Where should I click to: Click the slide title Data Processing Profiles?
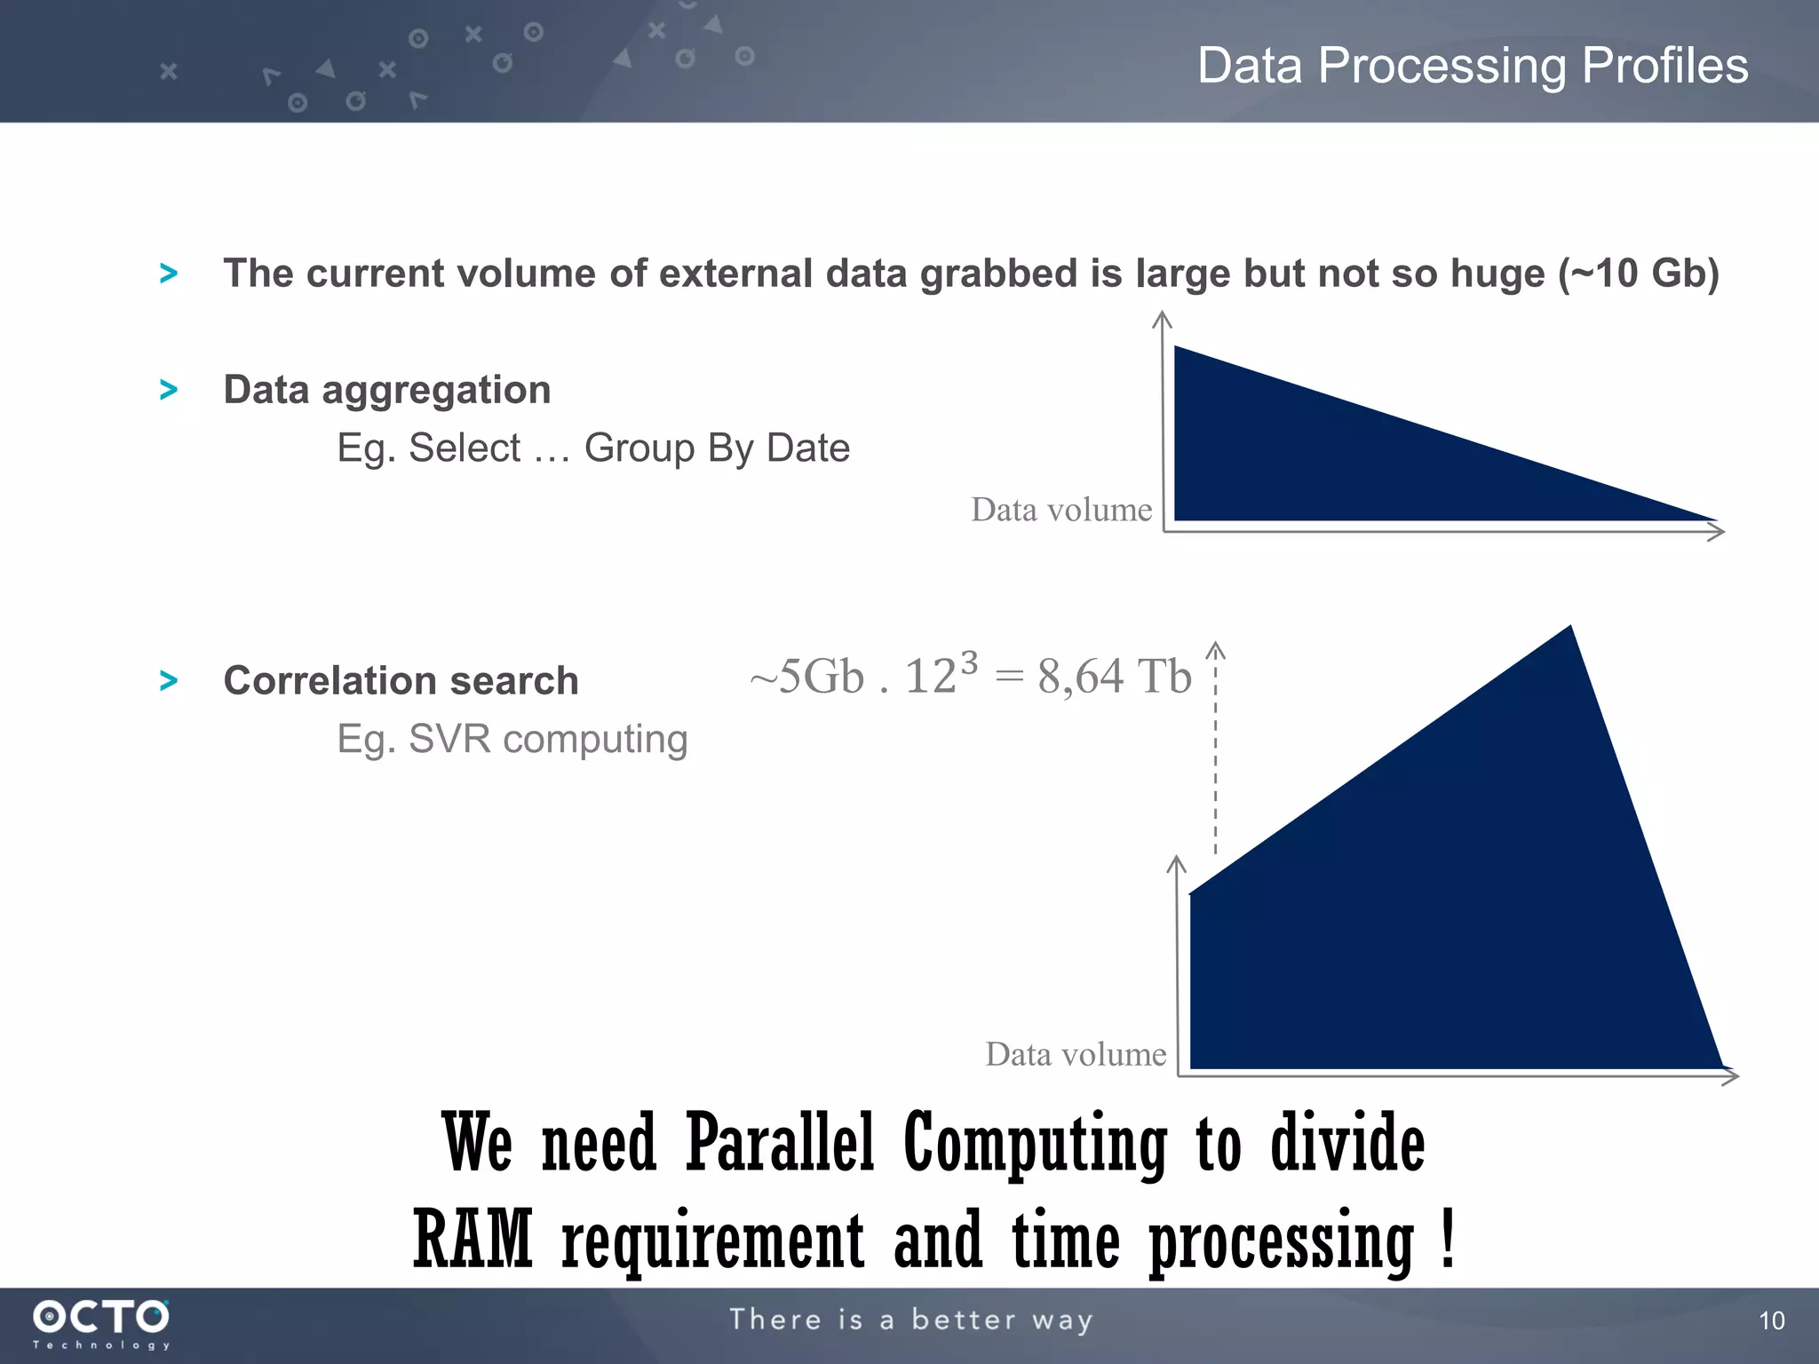pos(1473,66)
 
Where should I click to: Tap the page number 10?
pos(1771,1320)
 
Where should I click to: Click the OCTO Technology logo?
pos(101,1323)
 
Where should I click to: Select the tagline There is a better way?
pos(910,1320)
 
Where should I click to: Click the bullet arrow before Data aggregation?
pos(168,390)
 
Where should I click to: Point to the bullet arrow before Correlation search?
pos(168,681)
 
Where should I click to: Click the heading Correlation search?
pos(401,681)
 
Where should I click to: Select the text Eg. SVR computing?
pos(512,739)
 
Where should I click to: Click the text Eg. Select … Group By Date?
pos(592,448)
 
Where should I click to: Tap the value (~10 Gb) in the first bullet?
pos(1639,274)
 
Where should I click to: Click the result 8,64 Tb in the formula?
pos(1114,677)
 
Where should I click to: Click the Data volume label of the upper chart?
pos(1061,510)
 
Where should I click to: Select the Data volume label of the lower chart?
pos(1076,1054)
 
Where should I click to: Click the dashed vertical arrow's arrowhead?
pos(1215,650)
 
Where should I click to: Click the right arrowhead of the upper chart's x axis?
pos(1718,532)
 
